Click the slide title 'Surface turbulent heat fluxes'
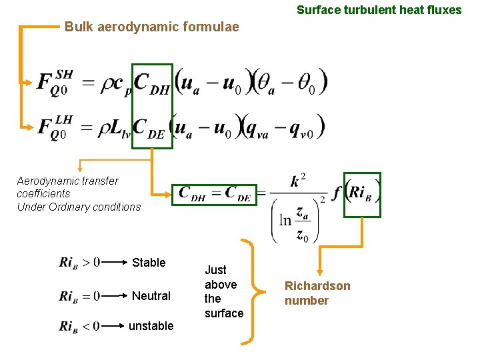coord(379,10)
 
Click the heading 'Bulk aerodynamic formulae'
coord(151,27)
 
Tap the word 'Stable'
coord(149,263)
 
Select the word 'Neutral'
coord(151,295)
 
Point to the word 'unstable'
coord(151,326)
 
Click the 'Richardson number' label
coord(317,293)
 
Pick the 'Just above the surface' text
coord(223,291)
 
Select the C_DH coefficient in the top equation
coord(153,83)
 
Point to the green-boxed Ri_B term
coord(363,194)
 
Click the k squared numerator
coord(299,181)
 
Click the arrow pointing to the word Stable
coord(115,263)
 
